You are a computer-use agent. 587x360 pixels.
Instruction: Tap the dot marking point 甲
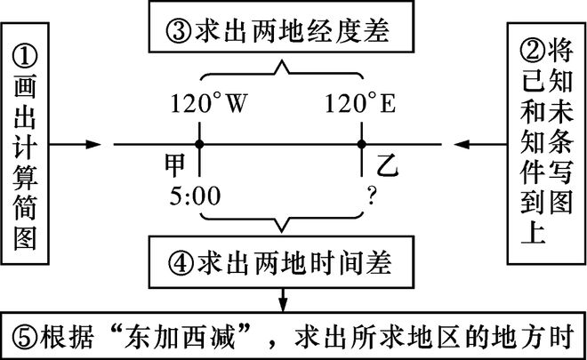pos(201,143)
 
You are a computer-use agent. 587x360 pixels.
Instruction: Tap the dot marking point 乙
pos(362,143)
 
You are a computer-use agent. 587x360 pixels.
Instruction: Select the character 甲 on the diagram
pos(175,165)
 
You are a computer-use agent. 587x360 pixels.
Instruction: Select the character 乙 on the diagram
pos(384,165)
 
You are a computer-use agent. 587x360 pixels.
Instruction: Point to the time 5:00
pos(198,195)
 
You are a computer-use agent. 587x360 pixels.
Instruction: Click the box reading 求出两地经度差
pos(281,33)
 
